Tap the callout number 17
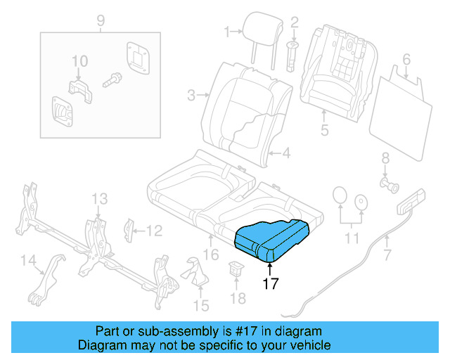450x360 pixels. (x=271, y=285)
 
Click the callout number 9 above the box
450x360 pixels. (x=100, y=20)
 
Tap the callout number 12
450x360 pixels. (x=153, y=230)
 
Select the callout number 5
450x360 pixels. (x=324, y=129)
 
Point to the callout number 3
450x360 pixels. (x=191, y=94)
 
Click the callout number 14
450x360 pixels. (x=27, y=262)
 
